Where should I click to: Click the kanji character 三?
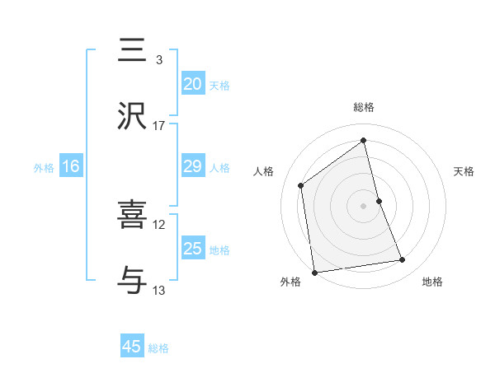[133, 50]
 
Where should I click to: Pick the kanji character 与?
[133, 281]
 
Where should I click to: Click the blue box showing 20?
[193, 84]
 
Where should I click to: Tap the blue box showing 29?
[193, 166]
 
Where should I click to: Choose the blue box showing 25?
[193, 249]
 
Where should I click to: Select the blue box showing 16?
[71, 166]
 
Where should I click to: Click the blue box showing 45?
[132, 347]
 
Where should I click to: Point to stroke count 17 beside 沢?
[159, 125]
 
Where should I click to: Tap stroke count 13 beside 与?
[159, 290]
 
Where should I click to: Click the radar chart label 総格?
[364, 107]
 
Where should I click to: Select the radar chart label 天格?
[464, 171]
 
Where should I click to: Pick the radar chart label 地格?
[432, 282]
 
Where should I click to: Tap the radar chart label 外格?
[290, 282]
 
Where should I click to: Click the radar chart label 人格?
[264, 171]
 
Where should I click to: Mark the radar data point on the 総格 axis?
[364, 141]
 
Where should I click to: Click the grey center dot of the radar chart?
[364, 205]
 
